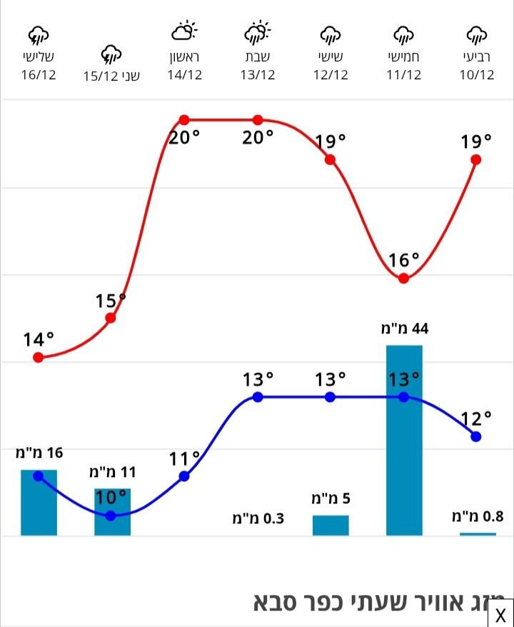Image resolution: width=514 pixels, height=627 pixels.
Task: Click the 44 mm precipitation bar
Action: coord(404,439)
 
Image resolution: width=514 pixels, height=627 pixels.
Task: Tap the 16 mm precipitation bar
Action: coord(39,502)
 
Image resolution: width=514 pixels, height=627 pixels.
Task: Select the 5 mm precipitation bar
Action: coord(331,525)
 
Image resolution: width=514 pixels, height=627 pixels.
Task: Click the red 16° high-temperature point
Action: coord(403,278)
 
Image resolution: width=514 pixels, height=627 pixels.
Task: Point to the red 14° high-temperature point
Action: coord(39,357)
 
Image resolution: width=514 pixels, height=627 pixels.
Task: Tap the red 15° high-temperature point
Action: coord(111,318)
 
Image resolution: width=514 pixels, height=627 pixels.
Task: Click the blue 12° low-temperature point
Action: coord(476,436)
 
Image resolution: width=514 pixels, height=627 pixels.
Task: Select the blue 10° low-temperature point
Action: coord(111,515)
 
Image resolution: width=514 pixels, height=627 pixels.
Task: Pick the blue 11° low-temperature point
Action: coord(184,476)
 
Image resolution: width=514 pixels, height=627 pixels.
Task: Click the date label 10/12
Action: coord(476,75)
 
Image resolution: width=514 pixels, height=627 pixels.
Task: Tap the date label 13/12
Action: coord(258,75)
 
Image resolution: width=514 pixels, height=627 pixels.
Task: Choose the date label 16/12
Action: coord(39,75)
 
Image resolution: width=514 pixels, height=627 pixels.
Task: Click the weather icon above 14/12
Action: coord(184,31)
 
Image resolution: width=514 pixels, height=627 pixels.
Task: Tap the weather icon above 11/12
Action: coord(404,34)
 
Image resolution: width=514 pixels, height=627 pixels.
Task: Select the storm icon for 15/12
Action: coord(111,53)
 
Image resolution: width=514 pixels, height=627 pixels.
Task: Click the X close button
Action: coord(500,614)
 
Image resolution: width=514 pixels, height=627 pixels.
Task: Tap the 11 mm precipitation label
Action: coord(112,472)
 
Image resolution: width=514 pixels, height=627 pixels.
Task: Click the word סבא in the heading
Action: coord(281,602)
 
